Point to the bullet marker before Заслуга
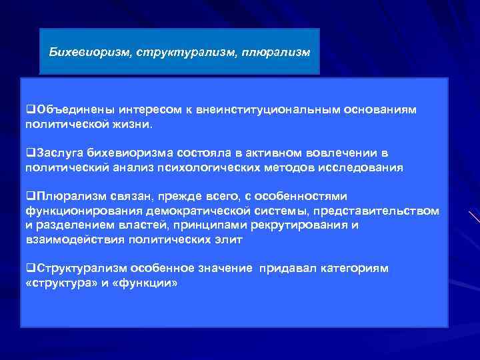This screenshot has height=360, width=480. point(29,153)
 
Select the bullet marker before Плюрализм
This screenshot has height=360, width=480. point(29,196)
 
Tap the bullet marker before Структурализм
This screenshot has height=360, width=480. point(29,268)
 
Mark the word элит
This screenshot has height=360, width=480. point(230,239)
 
